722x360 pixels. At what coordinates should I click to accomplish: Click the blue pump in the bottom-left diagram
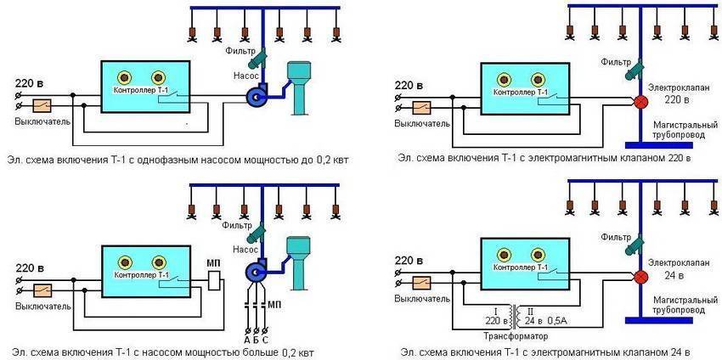tap(255, 272)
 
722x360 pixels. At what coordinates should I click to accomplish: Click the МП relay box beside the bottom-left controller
tap(215, 279)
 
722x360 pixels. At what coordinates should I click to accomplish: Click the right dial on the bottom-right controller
tap(539, 252)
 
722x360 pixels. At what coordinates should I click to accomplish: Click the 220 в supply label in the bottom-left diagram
tap(30, 259)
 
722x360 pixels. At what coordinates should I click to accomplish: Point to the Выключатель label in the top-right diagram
tap(421, 124)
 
